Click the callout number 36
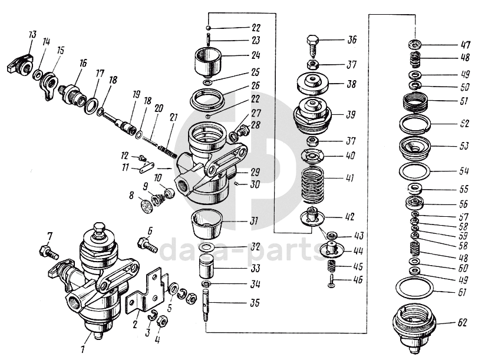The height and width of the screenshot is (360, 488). (352, 40)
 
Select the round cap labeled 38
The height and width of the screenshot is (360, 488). (312, 84)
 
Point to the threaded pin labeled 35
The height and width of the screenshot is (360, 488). (207, 303)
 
